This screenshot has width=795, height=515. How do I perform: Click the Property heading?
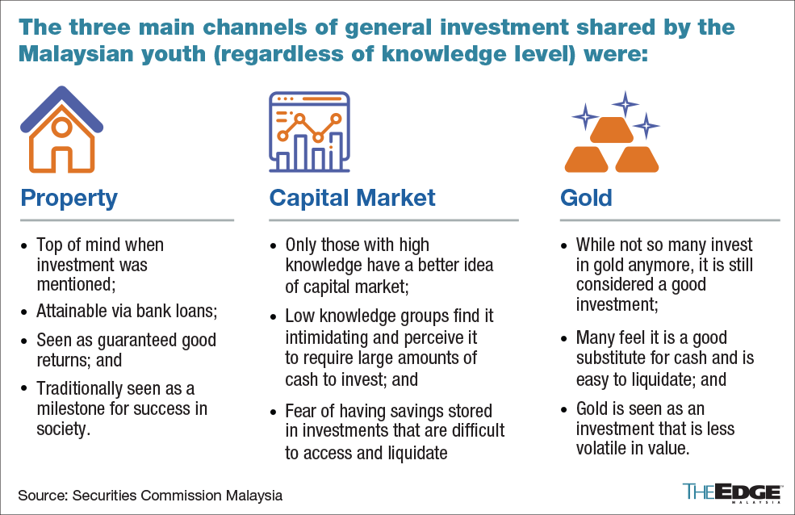pyautogui.click(x=69, y=199)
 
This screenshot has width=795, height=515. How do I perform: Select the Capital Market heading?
pyautogui.click(x=352, y=198)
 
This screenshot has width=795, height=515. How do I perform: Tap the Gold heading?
pyautogui.click(x=586, y=198)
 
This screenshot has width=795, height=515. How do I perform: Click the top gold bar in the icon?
pyautogui.click(x=612, y=130)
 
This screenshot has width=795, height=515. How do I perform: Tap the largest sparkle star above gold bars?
pyautogui.click(x=626, y=104)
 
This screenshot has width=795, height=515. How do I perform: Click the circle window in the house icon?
pyautogui.click(x=62, y=128)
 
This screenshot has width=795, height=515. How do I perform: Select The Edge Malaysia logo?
pyautogui.click(x=731, y=492)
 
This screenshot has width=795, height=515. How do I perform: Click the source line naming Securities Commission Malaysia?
pyautogui.click(x=150, y=496)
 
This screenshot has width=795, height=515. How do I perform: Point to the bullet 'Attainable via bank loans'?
pyautogui.click(x=127, y=311)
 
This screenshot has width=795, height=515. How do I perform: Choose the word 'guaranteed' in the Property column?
pyautogui.click(x=137, y=341)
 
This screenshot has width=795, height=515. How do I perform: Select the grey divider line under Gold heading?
pyautogui.click(x=670, y=220)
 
